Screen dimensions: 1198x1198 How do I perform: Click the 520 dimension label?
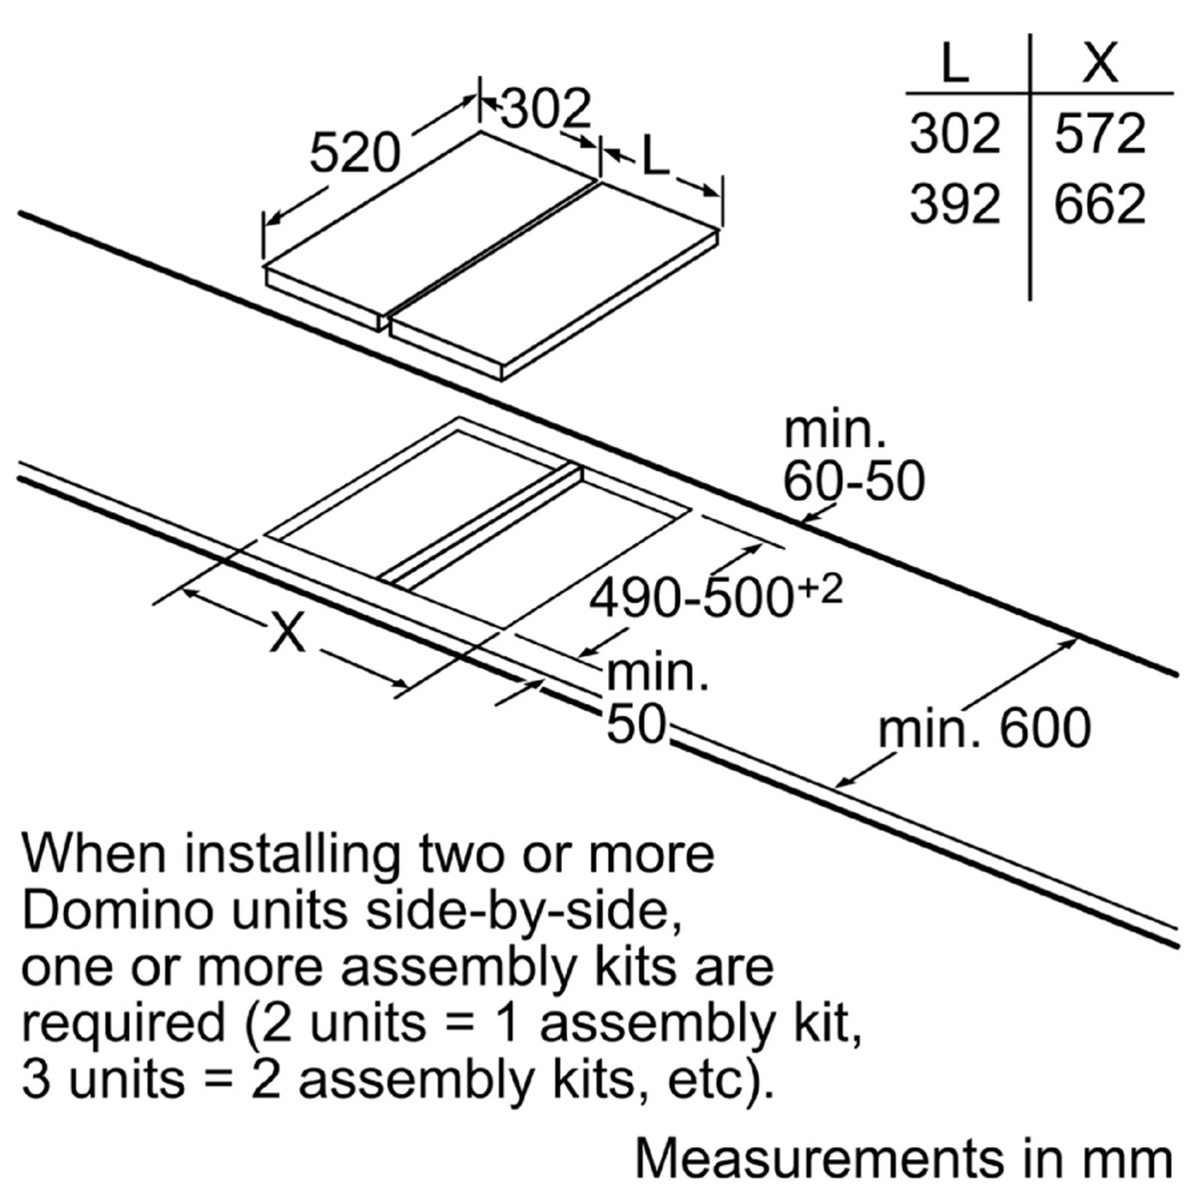[x=355, y=154]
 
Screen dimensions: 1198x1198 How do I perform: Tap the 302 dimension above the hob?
[x=545, y=110]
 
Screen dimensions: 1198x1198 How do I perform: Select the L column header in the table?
[x=955, y=62]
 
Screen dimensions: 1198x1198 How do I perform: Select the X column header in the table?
[x=1100, y=62]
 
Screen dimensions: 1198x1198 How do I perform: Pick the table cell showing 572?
[x=1100, y=134]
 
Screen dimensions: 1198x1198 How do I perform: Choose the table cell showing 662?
[x=1100, y=205]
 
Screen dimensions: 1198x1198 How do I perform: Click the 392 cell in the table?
[x=955, y=205]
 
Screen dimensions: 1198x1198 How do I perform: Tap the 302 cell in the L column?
[x=955, y=134]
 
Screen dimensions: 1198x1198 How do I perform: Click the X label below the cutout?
[x=288, y=632]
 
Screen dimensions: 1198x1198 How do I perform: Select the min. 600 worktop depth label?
[x=984, y=728]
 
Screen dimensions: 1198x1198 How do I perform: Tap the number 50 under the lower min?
[x=636, y=724]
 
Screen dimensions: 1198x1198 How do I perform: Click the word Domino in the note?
[x=121, y=910]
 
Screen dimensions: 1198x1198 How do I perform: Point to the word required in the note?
[x=123, y=1024]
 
